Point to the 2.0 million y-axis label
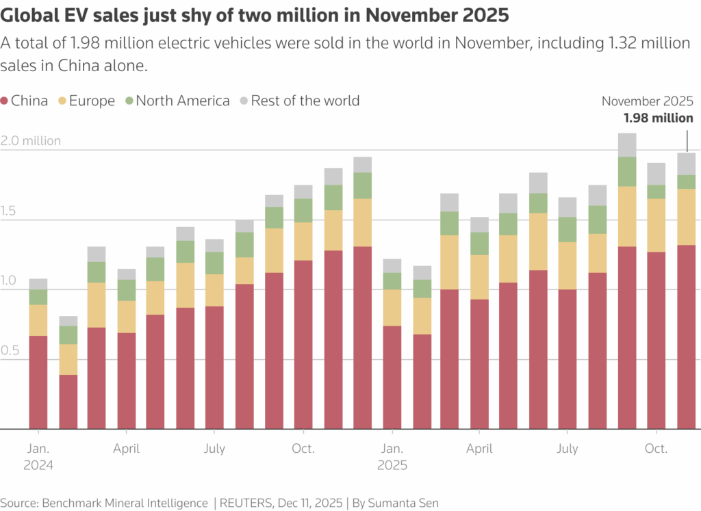pos(31,141)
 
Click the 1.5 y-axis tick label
pos(11,211)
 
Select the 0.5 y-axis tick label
pos(11,351)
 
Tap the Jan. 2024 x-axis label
pos(38,457)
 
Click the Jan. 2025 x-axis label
pos(392,457)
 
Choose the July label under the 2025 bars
pos(568,449)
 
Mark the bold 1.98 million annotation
pos(658,118)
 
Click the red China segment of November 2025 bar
pos(686,335)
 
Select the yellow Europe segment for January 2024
pos(38,320)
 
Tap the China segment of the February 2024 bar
pos(68,402)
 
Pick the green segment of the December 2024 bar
pos(362,185)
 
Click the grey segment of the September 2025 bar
pos(627,145)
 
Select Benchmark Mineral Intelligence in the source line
pos(125,503)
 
